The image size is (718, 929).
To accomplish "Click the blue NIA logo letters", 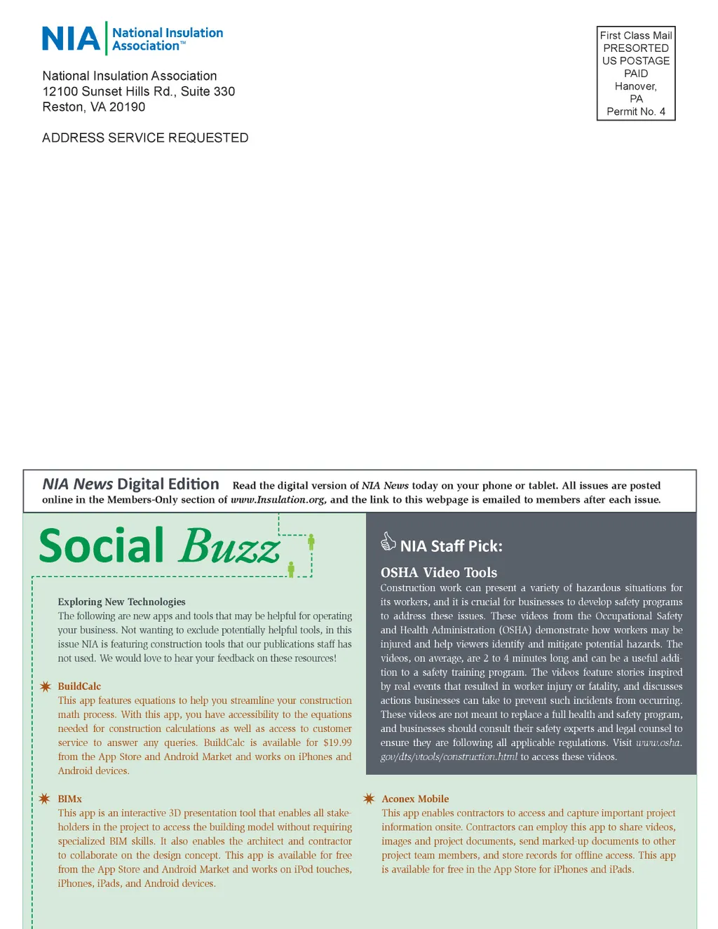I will point(71,39).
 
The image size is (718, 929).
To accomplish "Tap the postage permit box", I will point(636,73).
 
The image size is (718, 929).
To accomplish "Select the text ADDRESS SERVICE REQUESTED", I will point(145,138).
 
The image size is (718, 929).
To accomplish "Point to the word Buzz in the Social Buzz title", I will point(230,546).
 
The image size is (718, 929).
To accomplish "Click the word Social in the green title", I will point(102,546).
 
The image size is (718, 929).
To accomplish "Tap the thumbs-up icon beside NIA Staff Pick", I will point(388,541).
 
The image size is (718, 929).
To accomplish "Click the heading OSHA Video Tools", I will point(439,573).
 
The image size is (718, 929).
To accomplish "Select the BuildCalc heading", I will point(79,686).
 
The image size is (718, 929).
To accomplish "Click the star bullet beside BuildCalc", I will point(46,686).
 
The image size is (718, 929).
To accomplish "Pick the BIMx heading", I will point(70,799).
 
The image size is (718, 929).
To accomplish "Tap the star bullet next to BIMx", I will point(45,799).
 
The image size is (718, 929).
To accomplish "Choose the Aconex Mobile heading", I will point(415,799).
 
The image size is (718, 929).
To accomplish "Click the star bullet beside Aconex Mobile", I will point(369,799).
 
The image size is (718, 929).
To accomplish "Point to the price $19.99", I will point(337,742).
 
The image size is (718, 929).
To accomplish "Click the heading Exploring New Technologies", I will point(121,602).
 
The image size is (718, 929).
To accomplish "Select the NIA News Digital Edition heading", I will point(130,484).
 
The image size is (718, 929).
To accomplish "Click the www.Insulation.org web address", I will point(278,500).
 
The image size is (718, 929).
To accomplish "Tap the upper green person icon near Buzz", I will point(311,541).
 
